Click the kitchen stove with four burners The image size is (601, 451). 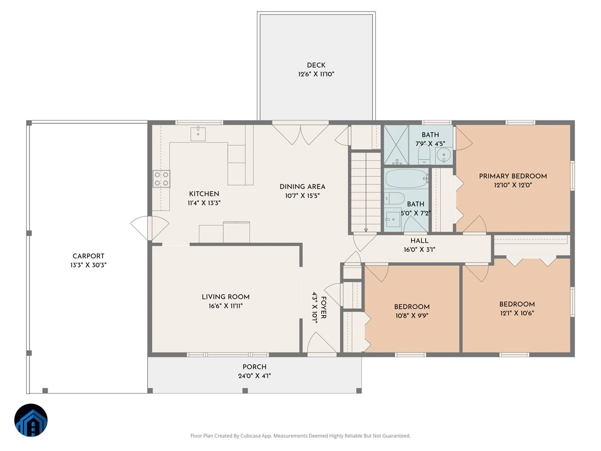pos(162,179)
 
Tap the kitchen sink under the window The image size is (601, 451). pos(198,134)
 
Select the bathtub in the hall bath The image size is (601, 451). pos(407,178)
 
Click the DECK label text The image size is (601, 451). pos(316,65)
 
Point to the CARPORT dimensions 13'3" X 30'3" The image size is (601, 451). pos(88,265)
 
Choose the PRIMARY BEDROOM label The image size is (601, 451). pos(513,176)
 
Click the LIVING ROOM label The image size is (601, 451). pos(225,297)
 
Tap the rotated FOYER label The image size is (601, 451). pos(324,308)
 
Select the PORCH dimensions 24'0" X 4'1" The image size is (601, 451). pos(254,376)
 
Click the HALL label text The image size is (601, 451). pos(419,241)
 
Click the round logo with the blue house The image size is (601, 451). pos(31,420)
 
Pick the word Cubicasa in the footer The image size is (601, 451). pos(250,435)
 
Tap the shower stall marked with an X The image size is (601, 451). pos(396,145)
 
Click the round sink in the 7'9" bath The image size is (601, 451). pos(444,156)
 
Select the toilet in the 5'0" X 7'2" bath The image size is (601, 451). pos(394,198)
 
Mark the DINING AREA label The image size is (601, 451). pos(303,187)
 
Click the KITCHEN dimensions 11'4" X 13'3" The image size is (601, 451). pos(204,203)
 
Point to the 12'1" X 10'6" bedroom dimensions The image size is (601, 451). pos(517,313)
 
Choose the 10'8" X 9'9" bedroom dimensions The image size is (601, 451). pos(412,316)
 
